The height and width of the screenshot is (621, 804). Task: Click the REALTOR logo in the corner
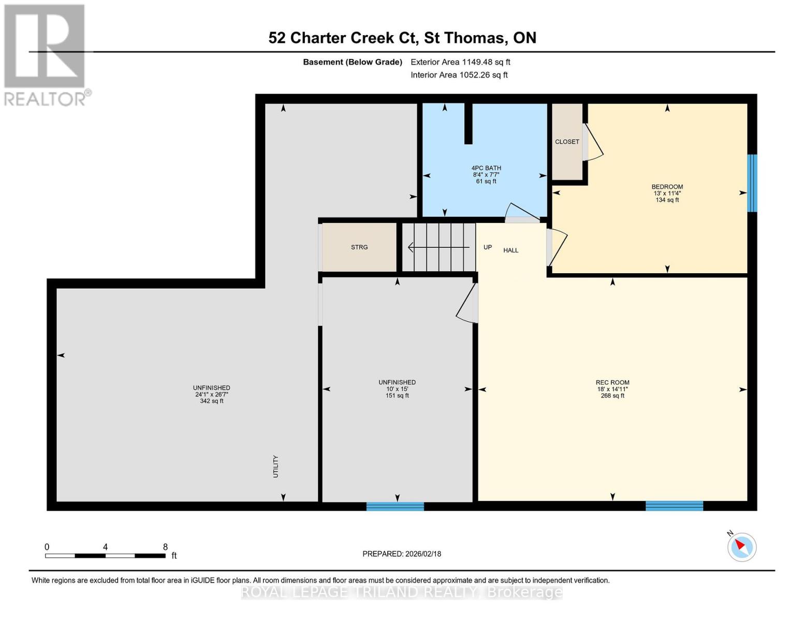[46, 55]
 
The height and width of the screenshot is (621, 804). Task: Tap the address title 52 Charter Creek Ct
[402, 38]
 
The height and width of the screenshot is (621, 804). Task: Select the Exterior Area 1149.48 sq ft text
[460, 62]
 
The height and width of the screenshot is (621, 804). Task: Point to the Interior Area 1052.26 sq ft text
[459, 75]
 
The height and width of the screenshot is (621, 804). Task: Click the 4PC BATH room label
[486, 174]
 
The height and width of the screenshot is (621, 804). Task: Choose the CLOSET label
[567, 142]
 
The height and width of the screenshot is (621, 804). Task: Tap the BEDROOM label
[667, 193]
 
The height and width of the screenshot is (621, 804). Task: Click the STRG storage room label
[359, 247]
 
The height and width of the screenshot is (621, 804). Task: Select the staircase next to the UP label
[439, 247]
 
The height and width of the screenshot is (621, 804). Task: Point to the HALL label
[510, 250]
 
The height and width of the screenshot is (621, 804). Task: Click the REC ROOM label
[612, 389]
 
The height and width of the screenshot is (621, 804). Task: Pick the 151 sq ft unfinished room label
[397, 389]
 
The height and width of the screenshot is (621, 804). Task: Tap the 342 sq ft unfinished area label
[211, 394]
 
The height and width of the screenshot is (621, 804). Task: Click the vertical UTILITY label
[275, 466]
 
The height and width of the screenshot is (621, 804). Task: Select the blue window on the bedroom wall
[752, 183]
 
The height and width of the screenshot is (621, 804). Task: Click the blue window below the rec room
[674, 506]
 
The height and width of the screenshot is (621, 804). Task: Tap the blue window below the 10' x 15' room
[395, 506]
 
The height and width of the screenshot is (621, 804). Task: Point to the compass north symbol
[742, 546]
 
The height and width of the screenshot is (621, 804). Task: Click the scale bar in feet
[105, 555]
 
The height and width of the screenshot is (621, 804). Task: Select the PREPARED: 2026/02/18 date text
[402, 554]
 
